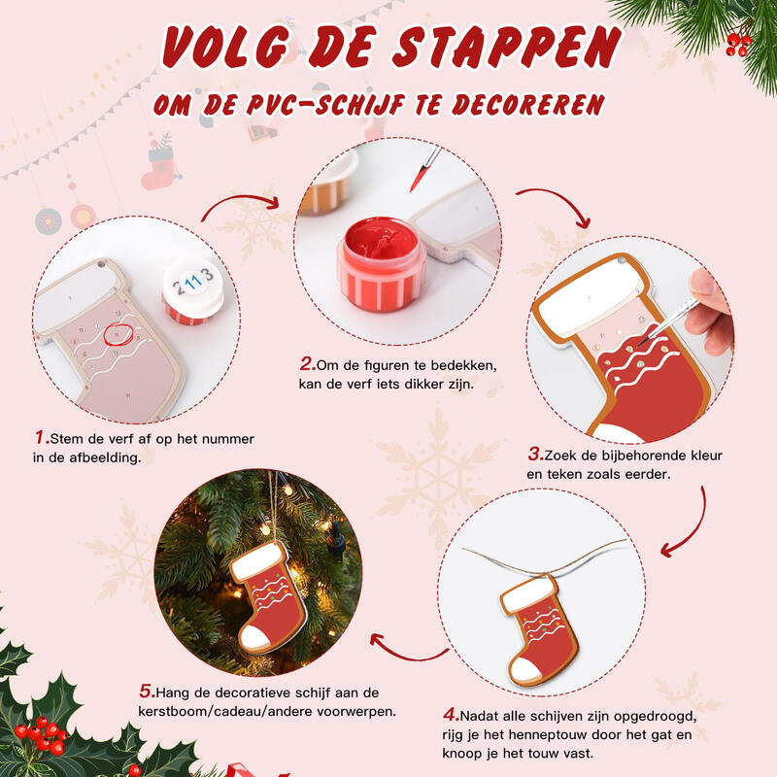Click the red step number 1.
pos(42,437)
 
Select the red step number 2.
pos(306,364)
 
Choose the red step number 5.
pos(147,692)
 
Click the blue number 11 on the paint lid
pos(192,284)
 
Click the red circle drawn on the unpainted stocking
pos(117,332)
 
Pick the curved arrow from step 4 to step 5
pos(398,646)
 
